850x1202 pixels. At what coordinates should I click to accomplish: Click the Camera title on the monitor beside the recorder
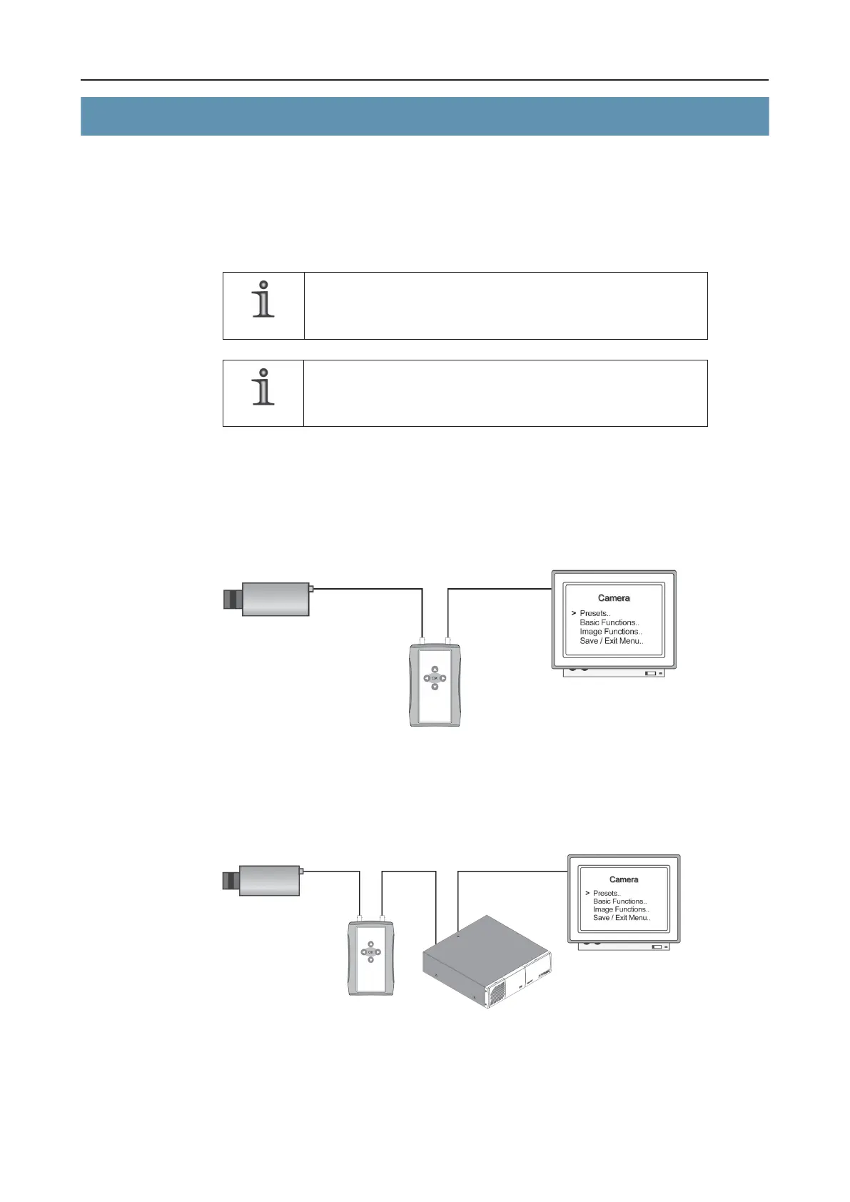[624, 879]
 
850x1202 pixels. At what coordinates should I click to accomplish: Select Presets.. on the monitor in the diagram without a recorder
[595, 613]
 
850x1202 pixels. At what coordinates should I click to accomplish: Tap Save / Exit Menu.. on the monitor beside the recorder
[622, 918]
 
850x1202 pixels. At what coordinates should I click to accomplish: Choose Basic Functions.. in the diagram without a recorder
[609, 622]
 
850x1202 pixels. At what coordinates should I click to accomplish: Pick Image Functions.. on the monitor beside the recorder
[621, 909]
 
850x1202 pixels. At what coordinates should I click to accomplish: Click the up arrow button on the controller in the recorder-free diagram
[435, 669]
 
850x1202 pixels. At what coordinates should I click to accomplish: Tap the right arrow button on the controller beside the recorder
[378, 951]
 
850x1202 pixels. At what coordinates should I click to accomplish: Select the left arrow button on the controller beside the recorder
[363, 951]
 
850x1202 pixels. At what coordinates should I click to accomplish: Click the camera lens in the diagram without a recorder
[233, 600]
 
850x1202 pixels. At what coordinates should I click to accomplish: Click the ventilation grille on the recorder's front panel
[495, 991]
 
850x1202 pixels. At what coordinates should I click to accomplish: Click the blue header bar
[425, 116]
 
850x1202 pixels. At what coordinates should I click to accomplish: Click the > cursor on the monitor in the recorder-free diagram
[574, 613]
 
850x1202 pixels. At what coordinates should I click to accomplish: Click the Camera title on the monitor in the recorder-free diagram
[614, 598]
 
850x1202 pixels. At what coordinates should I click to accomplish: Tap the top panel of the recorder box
[485, 942]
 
